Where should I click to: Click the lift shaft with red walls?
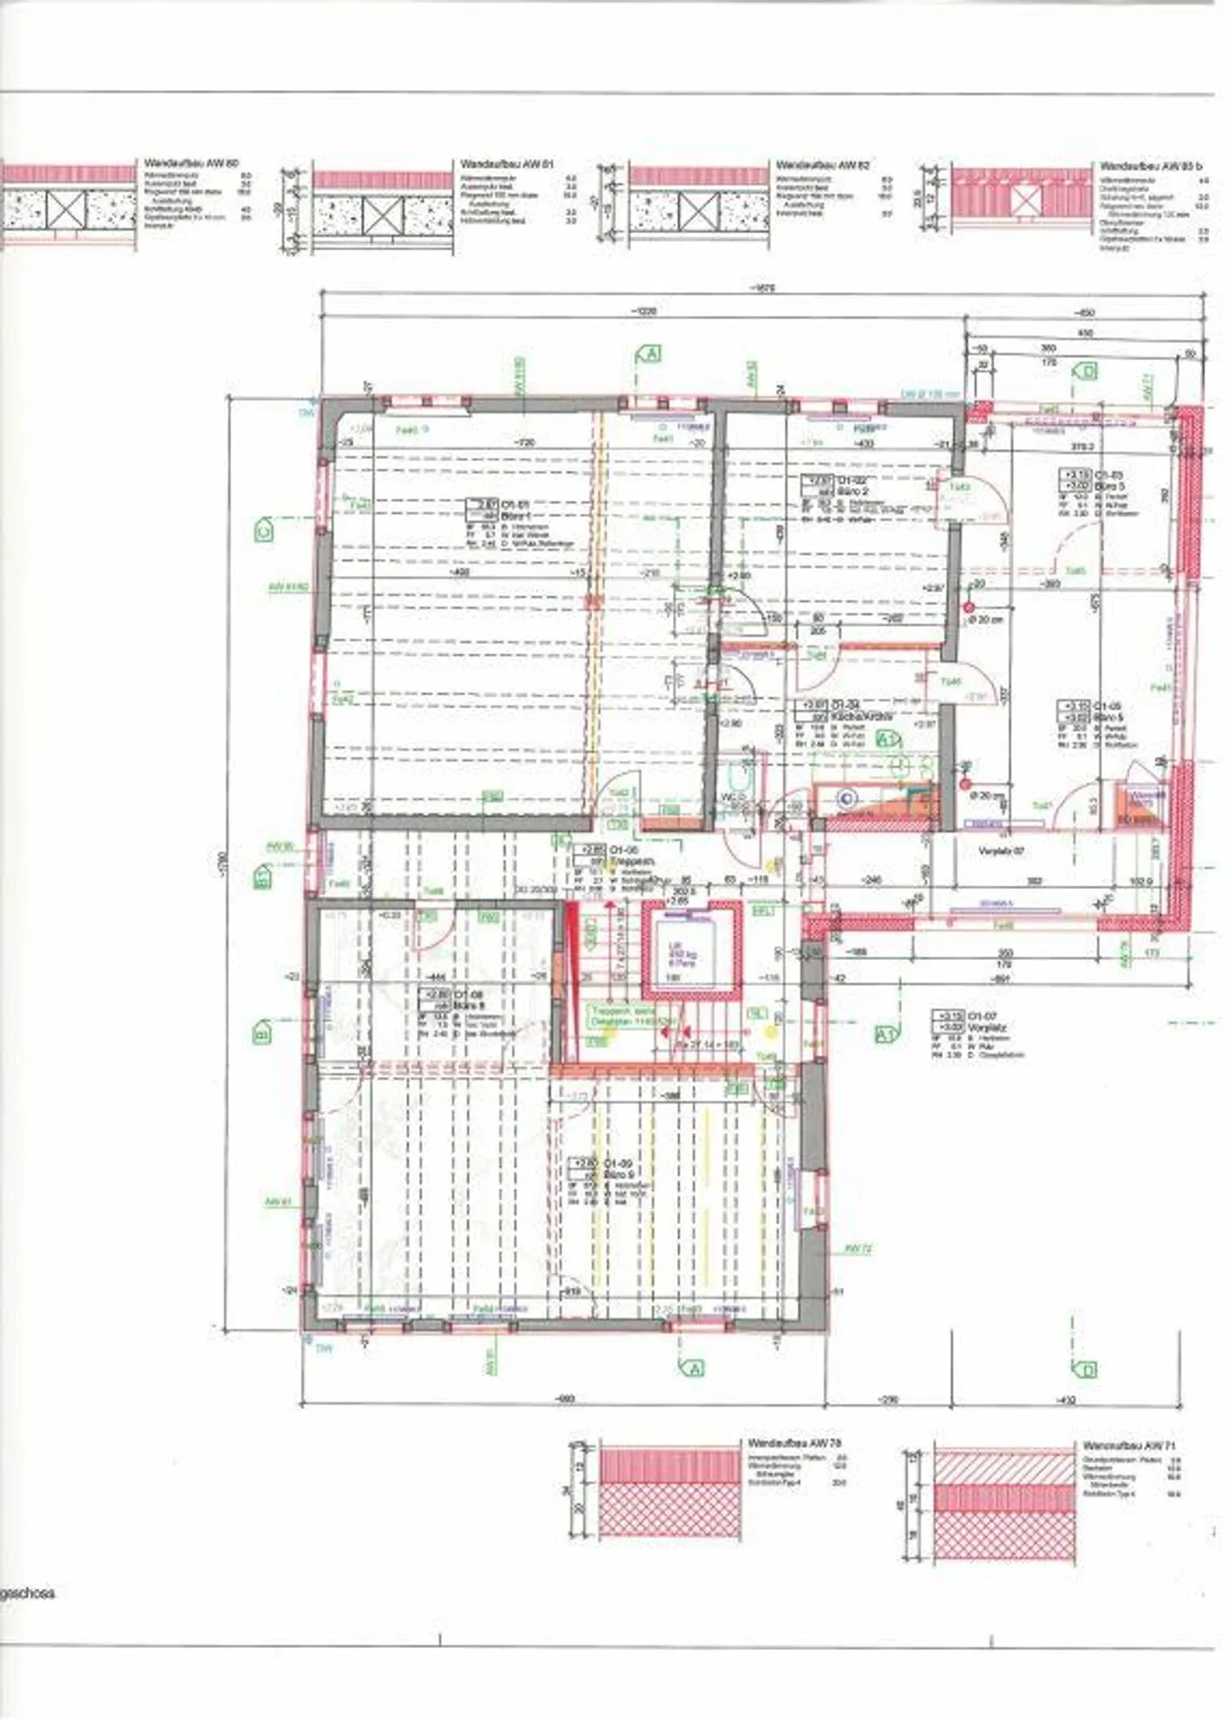click(x=691, y=950)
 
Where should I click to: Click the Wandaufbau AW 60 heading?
click(x=191, y=162)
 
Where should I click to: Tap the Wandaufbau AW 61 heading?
click(x=507, y=163)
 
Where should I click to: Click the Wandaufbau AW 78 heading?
click(x=794, y=1442)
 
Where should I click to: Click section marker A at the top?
click(x=650, y=353)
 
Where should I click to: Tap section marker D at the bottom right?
click(x=1086, y=1371)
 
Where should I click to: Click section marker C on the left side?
click(x=264, y=530)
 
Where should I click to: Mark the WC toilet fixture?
click(x=736, y=778)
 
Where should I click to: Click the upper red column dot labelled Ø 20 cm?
click(x=968, y=608)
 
